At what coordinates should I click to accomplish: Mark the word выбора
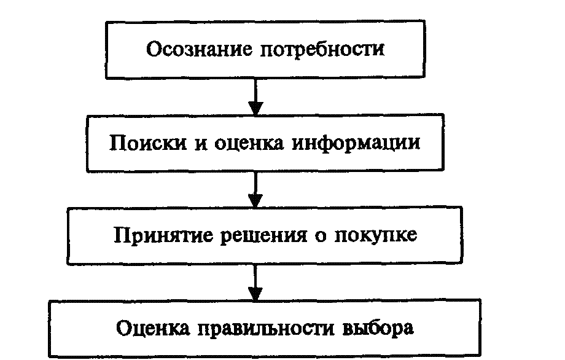(x=376, y=327)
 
